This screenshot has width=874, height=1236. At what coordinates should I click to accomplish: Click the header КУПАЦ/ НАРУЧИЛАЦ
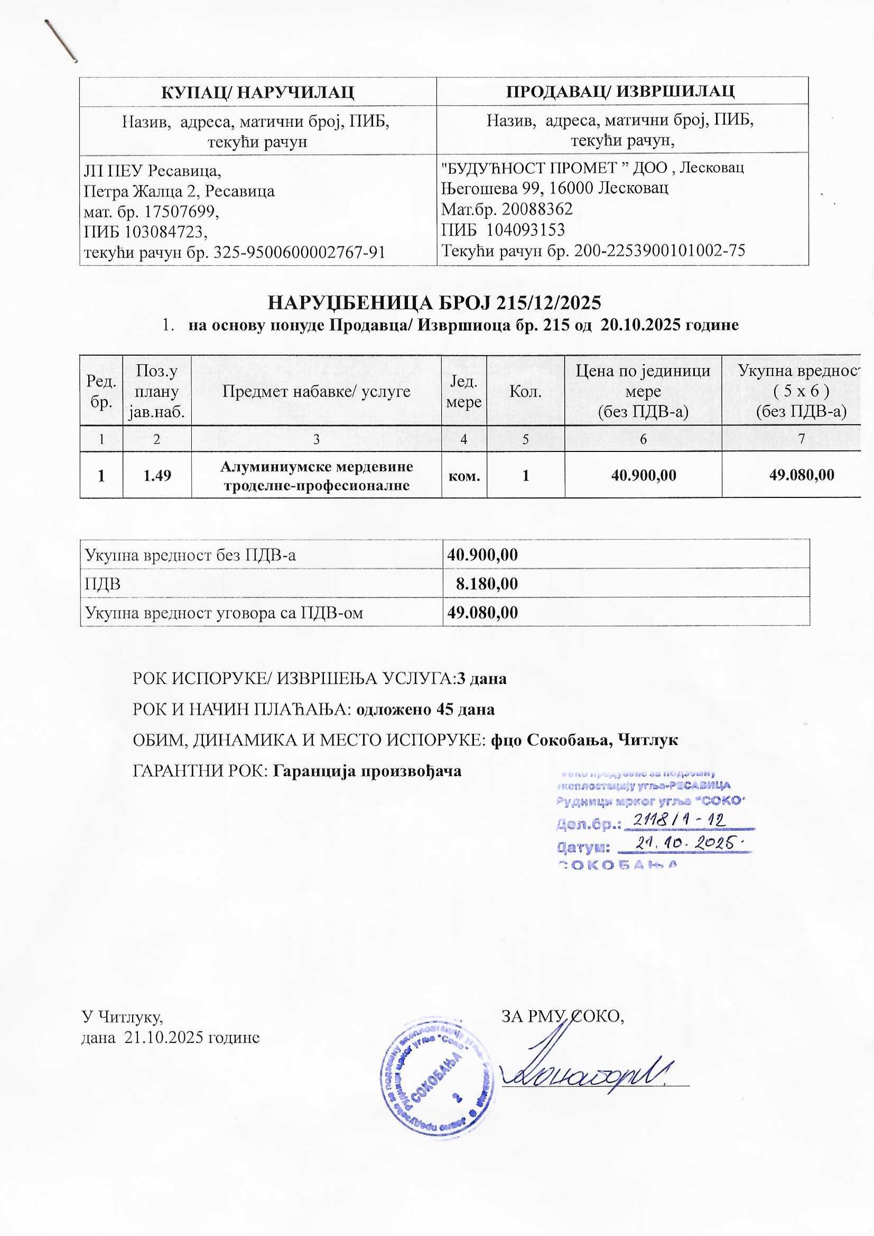(258, 91)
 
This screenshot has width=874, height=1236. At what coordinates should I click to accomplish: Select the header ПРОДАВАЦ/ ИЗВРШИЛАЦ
(622, 90)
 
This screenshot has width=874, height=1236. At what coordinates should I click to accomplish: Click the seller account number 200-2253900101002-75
(659, 251)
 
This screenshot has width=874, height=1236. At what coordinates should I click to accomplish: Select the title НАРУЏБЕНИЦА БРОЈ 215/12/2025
(434, 303)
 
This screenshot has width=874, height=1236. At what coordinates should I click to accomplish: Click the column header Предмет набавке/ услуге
(317, 391)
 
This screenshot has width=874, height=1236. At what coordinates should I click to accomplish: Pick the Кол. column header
(525, 391)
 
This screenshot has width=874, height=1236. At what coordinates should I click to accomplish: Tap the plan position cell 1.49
(157, 475)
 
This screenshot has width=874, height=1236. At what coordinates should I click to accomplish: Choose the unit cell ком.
(464, 475)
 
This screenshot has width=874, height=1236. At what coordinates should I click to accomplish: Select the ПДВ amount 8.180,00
(487, 584)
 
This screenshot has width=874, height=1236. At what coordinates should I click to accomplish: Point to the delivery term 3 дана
(482, 678)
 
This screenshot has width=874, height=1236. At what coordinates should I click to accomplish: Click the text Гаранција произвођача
(368, 771)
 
